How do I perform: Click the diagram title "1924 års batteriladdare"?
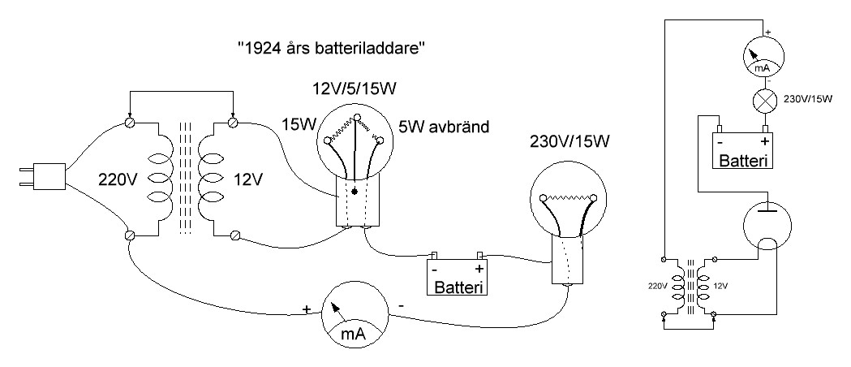332,48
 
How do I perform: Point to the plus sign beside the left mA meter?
307,309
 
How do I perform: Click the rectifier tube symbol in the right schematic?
763,226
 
